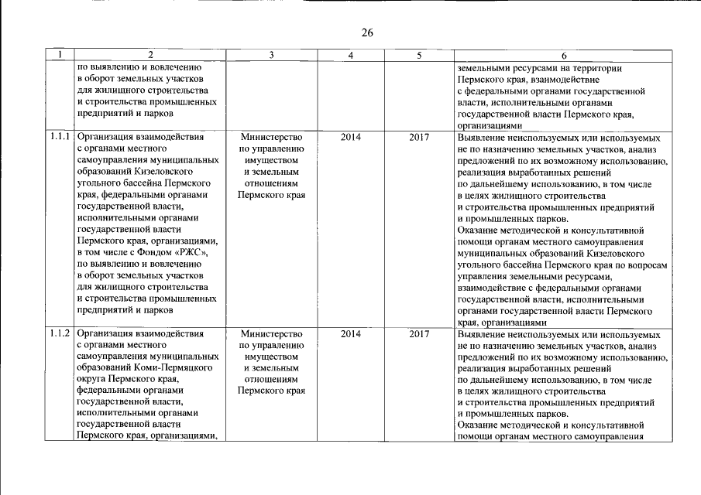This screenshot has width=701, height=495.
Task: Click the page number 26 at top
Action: point(367,32)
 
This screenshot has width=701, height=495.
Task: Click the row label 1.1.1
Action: point(60,138)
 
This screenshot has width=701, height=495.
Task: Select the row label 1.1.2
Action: point(60,334)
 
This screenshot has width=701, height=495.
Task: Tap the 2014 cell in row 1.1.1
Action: point(351,138)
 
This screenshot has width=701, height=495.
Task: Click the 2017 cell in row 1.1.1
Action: point(419,138)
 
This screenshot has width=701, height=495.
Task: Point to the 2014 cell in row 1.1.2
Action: point(351,334)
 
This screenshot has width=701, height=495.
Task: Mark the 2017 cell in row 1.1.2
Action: point(419,334)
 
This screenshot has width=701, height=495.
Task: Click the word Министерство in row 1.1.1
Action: point(270,138)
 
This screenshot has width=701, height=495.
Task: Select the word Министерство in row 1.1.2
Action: point(270,334)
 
